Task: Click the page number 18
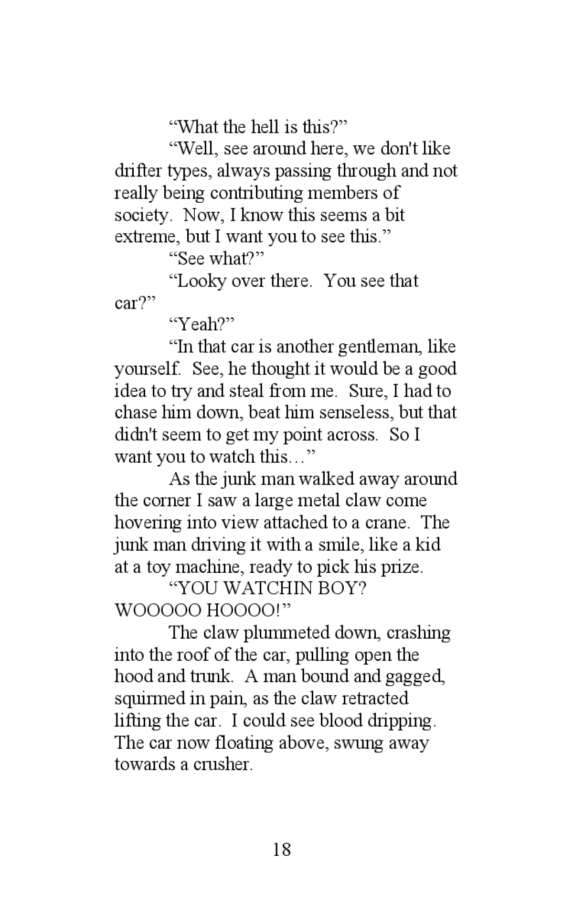coord(282,849)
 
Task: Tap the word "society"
coord(142,215)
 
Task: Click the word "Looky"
coord(201,281)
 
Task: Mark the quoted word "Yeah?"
coord(202,325)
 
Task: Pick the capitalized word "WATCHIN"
coord(267,588)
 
